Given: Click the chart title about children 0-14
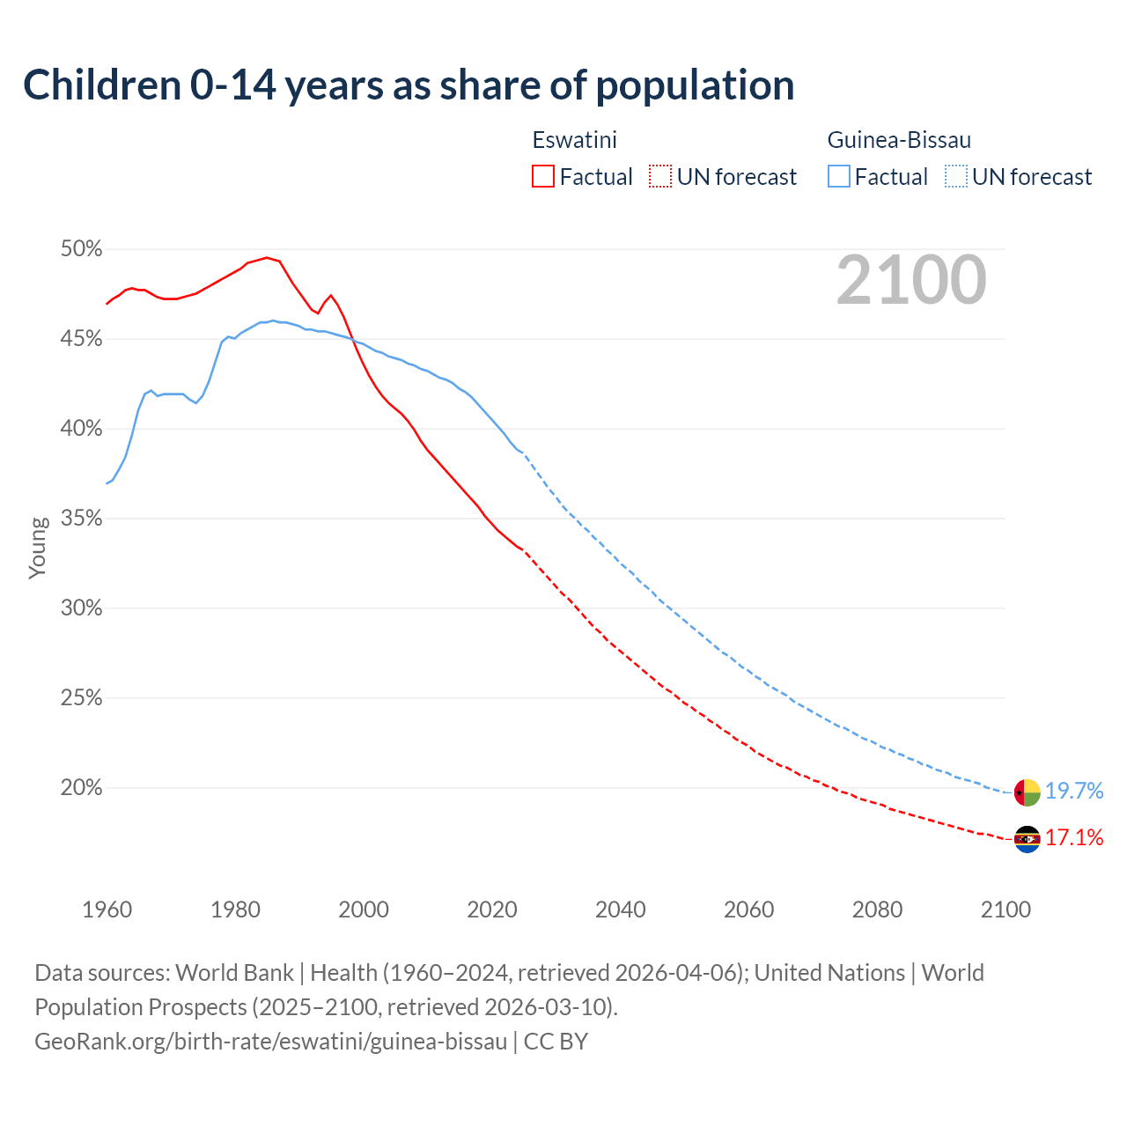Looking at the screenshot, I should tap(409, 85).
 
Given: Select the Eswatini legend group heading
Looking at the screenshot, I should tap(574, 140).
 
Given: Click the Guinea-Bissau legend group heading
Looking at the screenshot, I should tap(899, 140).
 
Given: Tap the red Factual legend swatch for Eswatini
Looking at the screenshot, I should tap(543, 177).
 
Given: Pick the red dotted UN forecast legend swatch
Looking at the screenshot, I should tap(660, 177).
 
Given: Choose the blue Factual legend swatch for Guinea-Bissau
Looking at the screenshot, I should tap(839, 177).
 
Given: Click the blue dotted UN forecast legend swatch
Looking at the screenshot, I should tap(956, 177).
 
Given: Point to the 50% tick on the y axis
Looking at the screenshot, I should tap(81, 249).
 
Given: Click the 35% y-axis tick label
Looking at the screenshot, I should tap(81, 519).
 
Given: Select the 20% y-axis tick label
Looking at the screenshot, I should tap(81, 788).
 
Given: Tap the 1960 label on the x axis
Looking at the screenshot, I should tap(107, 910).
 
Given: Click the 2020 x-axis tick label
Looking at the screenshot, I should tap(491, 910).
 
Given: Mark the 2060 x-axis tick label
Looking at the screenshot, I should tap(748, 910).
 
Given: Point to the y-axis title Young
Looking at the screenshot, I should tap(38, 548).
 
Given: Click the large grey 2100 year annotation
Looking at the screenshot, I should tap(910, 280).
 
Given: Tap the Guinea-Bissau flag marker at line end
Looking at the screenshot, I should tap(1028, 792).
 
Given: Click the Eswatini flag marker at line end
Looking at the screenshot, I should tap(1028, 840).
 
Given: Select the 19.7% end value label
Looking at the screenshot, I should tap(1074, 792).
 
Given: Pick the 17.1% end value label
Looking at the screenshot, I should tap(1074, 838).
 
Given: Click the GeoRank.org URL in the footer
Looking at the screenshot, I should tap(271, 1042).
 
